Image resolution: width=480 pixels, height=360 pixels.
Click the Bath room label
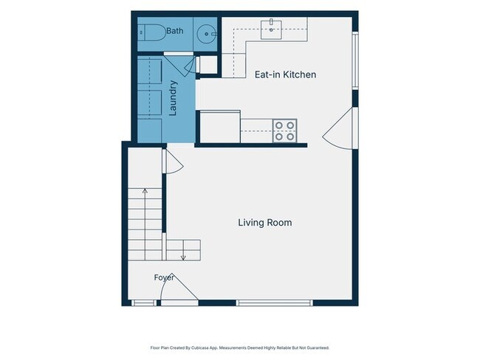pos(175,31)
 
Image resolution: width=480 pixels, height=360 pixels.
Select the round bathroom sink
pos(206,34)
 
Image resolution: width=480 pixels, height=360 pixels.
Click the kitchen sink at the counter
pos(271,30)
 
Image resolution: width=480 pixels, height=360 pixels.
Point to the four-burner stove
pos(285,131)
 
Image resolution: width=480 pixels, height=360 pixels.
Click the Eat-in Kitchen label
pos(285,75)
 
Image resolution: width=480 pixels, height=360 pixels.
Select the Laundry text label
pos(173,98)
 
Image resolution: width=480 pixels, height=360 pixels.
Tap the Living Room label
pos(265,222)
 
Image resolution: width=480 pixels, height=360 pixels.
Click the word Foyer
pos(164,277)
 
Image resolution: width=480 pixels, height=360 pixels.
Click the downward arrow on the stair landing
pos(183,250)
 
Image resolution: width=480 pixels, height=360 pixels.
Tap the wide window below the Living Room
pos(274,302)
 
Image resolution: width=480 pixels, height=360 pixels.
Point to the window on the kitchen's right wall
pos(355,60)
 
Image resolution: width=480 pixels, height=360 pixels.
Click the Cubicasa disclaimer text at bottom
pos(240,347)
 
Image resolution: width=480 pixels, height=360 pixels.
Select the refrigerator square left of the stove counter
pos(220,127)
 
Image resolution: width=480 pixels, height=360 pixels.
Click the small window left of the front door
pos(144,302)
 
